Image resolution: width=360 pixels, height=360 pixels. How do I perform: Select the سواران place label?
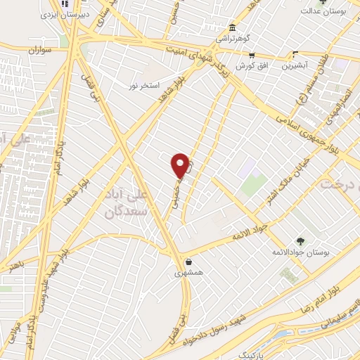(41, 51)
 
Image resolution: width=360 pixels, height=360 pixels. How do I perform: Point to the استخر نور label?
(140, 86)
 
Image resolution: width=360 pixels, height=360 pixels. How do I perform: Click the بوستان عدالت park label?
(323, 11)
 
